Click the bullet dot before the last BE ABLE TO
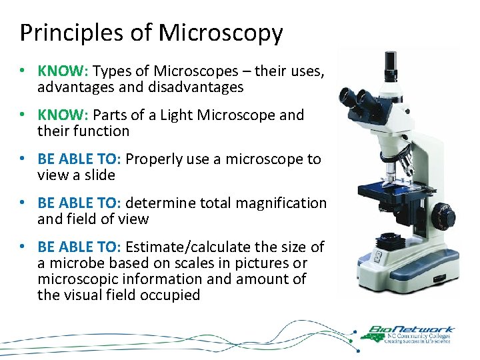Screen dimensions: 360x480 coord(23,247)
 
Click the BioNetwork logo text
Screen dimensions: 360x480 coord(412,329)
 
